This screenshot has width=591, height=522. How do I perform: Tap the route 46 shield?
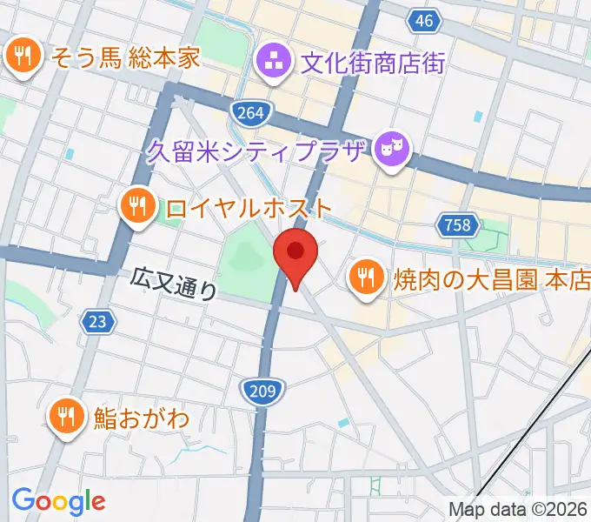423,22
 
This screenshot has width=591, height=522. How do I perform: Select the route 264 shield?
251,112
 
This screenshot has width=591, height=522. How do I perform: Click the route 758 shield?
458,226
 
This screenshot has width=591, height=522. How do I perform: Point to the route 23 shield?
99,322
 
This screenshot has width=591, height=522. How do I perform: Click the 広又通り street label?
174,284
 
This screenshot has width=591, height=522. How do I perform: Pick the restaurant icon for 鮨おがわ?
67,416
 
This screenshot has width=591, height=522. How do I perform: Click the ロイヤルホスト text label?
248,208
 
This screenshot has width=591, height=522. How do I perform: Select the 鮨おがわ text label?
141,418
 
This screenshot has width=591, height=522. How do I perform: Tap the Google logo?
58,501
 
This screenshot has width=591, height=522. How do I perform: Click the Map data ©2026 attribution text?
518,511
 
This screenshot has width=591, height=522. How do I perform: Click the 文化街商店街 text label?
372,63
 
